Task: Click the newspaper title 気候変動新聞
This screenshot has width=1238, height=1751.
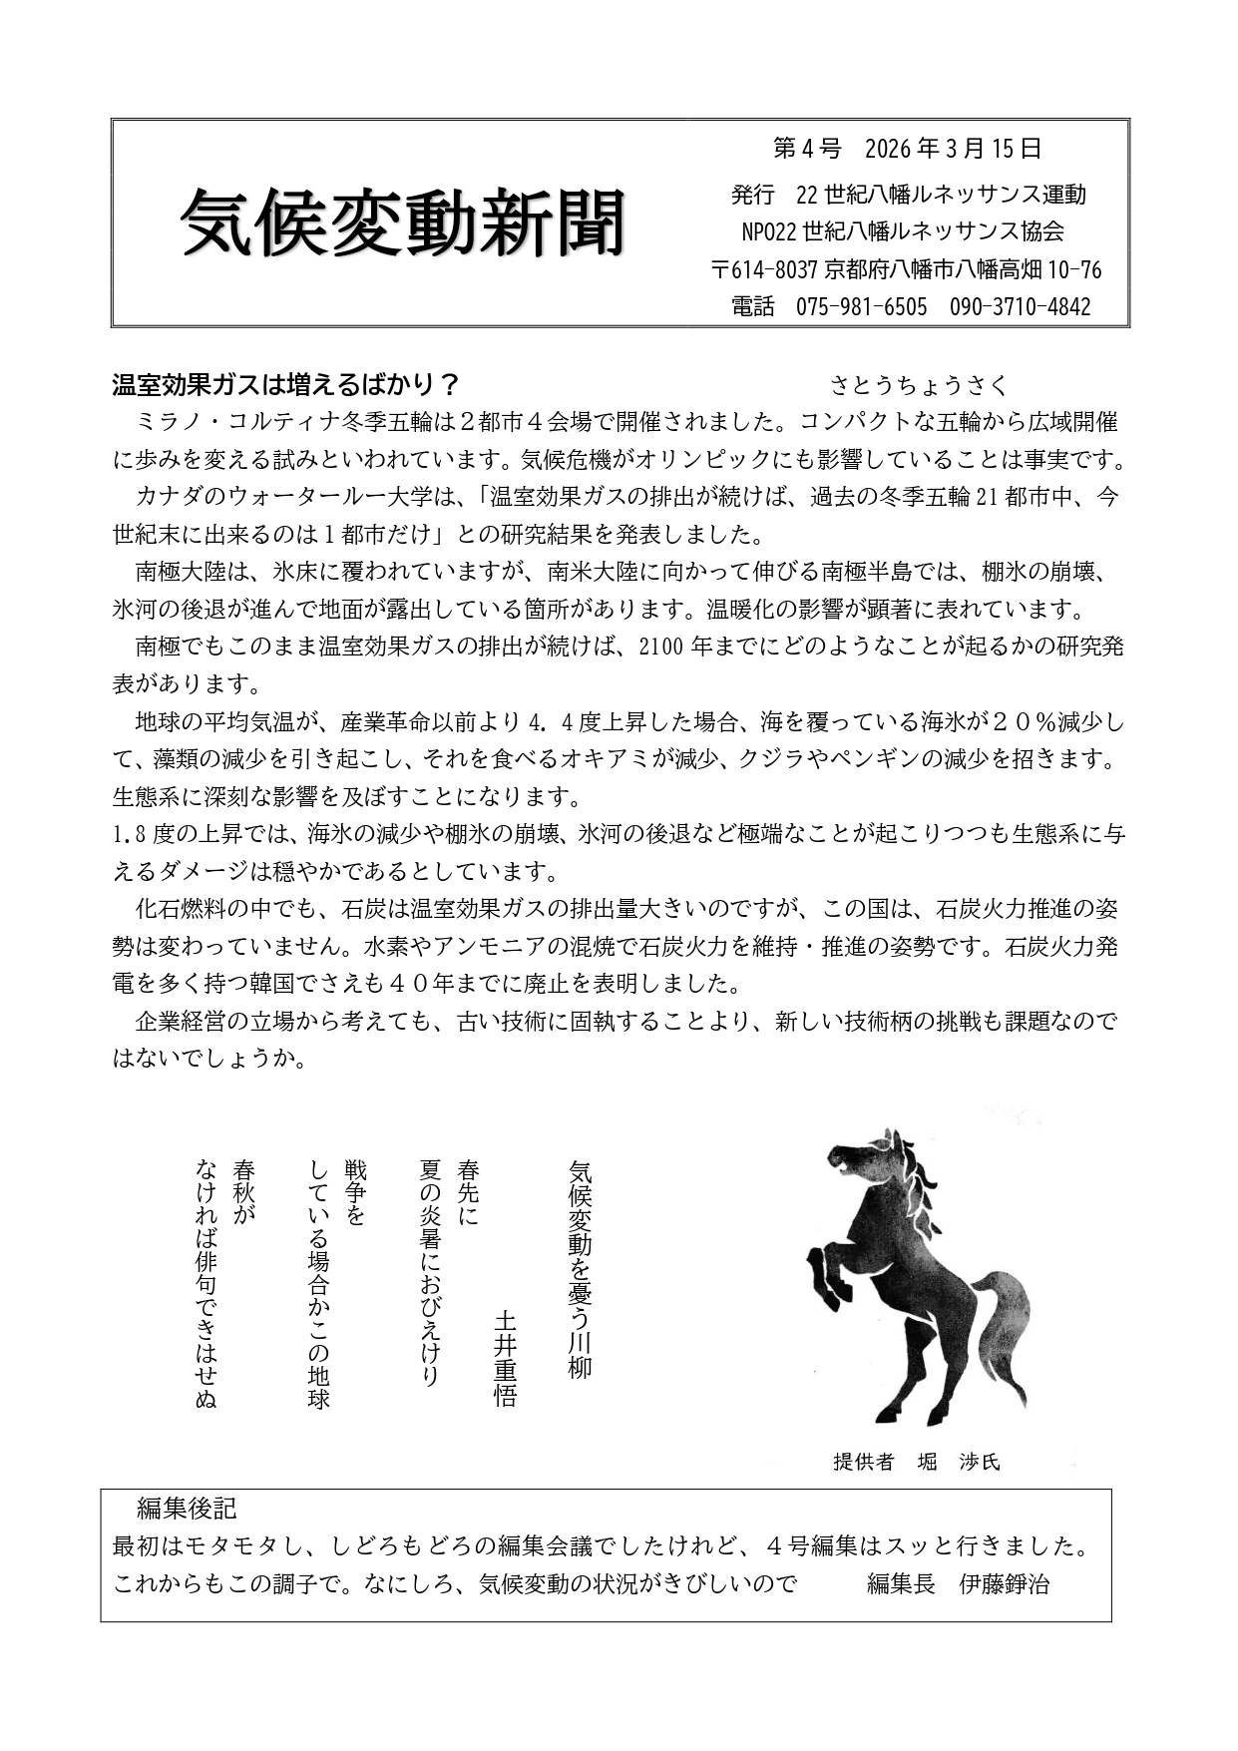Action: click(x=403, y=221)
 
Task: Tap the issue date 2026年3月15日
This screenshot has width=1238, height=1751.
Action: click(x=954, y=150)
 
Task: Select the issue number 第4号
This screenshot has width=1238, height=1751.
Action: click(x=807, y=150)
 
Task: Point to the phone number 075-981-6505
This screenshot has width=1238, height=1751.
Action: click(x=861, y=306)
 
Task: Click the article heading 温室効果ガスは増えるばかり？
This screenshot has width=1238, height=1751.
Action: click(x=285, y=385)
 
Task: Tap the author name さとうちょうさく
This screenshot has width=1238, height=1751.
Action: click(x=919, y=385)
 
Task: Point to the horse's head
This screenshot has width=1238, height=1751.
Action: click(x=863, y=1158)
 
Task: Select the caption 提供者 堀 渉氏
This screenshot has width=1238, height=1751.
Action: click(x=916, y=1463)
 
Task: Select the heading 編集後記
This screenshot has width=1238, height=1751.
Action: click(x=187, y=1508)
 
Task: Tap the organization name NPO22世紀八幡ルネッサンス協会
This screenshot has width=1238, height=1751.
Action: click(x=903, y=231)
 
